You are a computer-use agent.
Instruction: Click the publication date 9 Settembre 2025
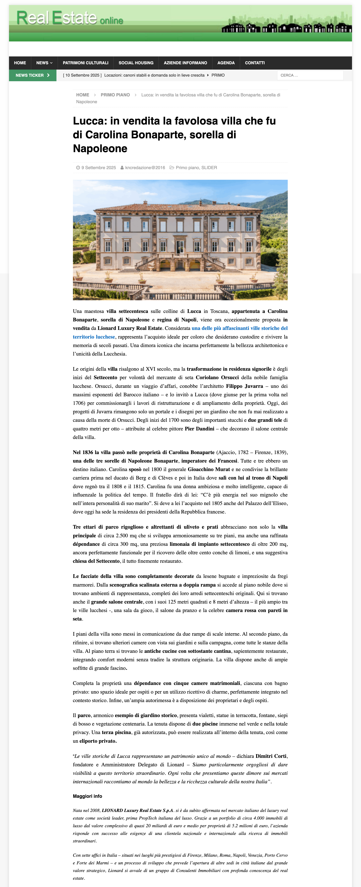point(99,168)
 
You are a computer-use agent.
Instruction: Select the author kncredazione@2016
point(145,168)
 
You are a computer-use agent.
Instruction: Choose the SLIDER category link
point(209,168)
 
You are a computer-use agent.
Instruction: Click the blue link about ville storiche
point(239,328)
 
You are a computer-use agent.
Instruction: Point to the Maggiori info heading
point(87,796)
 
